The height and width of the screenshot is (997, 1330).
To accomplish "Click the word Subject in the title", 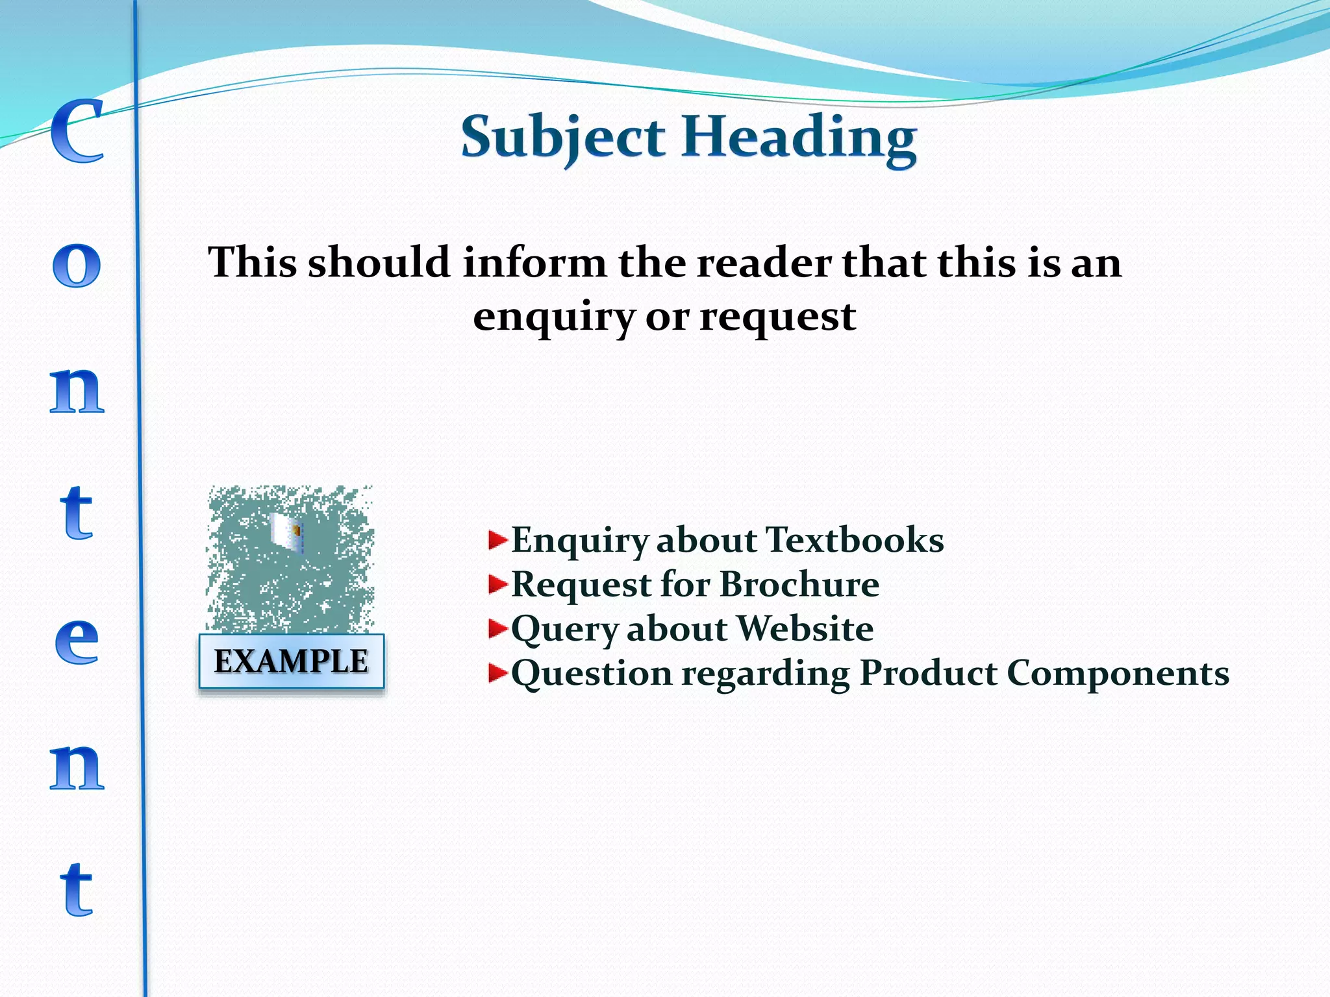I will (x=562, y=138).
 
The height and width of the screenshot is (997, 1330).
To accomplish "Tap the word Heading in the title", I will (x=799, y=138).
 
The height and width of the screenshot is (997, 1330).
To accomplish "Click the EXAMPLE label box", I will (x=291, y=661).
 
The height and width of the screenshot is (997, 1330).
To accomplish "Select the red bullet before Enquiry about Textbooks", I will (x=497, y=540).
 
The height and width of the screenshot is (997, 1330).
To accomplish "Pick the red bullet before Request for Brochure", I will (x=497, y=584).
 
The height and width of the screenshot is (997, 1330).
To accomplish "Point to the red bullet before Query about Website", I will (x=497, y=628).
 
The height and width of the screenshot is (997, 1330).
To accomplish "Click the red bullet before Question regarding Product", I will (x=497, y=673).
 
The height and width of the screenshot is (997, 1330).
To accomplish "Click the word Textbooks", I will (x=855, y=540).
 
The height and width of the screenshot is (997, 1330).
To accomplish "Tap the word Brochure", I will (x=799, y=584).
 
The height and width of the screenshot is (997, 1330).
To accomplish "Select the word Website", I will (x=805, y=628).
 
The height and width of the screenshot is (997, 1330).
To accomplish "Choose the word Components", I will (x=1118, y=673).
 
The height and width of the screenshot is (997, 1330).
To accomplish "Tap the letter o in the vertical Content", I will (x=77, y=265).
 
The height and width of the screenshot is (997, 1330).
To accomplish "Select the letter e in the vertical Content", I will (x=77, y=641).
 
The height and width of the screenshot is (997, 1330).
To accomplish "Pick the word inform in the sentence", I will (x=534, y=263).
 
